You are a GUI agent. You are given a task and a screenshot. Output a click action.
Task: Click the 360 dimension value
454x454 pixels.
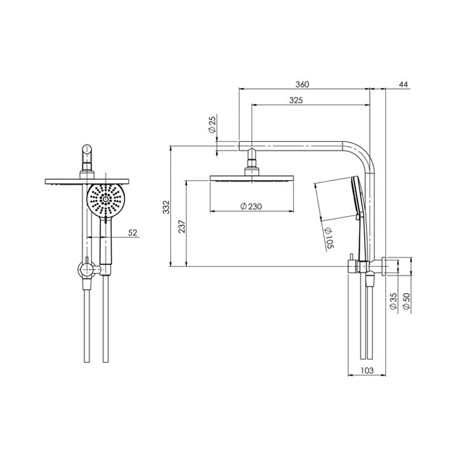[302, 84]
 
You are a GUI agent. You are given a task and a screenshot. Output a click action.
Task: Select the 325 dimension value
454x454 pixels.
[310, 100]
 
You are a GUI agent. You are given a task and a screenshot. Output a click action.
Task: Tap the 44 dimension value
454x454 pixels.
[403, 84]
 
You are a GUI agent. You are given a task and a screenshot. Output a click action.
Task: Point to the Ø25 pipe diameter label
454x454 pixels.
[212, 124]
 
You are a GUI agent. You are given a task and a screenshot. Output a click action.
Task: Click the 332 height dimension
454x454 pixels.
[165, 207]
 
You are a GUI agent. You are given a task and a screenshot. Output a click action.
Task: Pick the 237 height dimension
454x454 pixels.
[181, 226]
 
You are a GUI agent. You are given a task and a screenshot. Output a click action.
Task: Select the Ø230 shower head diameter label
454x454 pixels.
[250, 207]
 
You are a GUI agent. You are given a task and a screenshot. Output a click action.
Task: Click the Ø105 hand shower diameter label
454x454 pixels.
[329, 237]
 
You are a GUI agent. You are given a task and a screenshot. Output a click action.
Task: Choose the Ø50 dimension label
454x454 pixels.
[405, 301]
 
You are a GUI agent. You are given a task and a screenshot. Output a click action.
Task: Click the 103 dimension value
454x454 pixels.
[366, 370]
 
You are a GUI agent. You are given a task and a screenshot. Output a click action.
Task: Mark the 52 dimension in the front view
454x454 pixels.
[133, 232]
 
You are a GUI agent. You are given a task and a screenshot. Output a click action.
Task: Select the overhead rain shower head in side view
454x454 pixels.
[250, 178]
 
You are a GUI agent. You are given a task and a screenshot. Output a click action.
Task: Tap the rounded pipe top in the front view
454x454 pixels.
[87, 152]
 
